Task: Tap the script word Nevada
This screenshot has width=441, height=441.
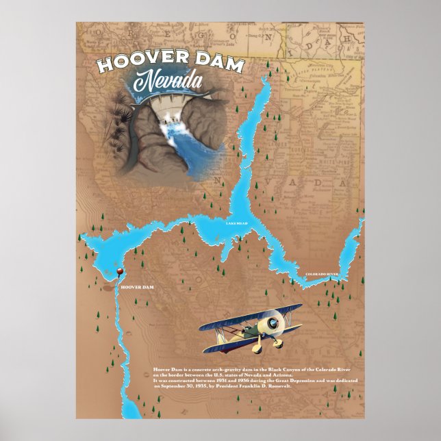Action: click(x=167, y=82)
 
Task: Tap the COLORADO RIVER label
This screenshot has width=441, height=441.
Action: click(x=322, y=274)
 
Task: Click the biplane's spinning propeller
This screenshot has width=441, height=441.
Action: click(x=272, y=322)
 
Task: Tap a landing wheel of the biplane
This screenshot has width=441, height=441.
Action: click(x=279, y=341)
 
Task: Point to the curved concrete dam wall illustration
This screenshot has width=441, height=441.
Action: click(x=164, y=106)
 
